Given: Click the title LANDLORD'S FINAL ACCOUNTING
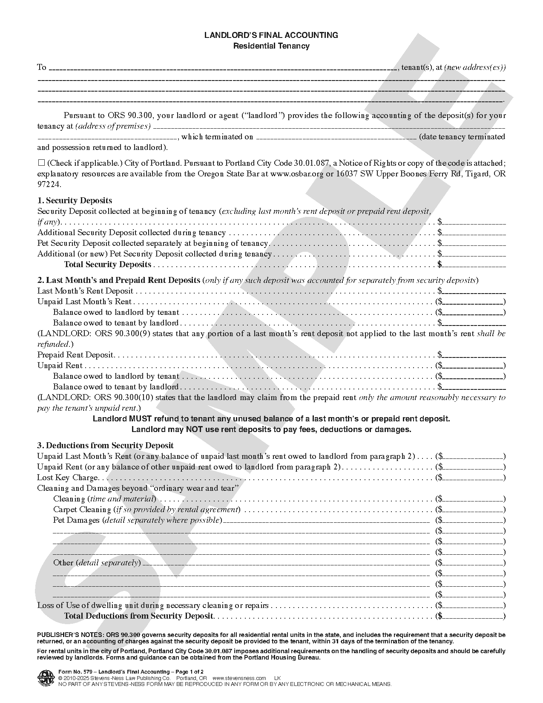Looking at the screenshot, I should tap(271, 35).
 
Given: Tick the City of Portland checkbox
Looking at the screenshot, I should tap(41, 162).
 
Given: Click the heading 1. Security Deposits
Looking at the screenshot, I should tap(75, 200).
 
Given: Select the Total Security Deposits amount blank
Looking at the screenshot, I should tap(474, 265).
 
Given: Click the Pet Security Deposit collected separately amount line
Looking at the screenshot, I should tap(474, 243).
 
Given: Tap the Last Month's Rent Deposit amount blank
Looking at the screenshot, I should tap(474, 291).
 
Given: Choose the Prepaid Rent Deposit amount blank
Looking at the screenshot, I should tap(474, 355).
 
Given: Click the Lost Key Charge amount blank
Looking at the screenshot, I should tap(473, 478).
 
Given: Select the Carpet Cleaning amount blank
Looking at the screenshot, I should tap(473, 510).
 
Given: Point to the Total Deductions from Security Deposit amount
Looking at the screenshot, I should tap(473, 616).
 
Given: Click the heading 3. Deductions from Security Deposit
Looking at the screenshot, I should tap(105, 445).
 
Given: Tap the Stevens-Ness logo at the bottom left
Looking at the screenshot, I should tap(44, 677).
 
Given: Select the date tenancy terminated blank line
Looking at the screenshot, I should tap(336, 137).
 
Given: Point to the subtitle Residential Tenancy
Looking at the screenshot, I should tap(271, 46).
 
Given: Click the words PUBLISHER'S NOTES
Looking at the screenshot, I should tap(69, 635).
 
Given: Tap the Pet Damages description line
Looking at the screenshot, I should tap(326, 520).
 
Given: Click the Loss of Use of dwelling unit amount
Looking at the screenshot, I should tap(473, 605).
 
